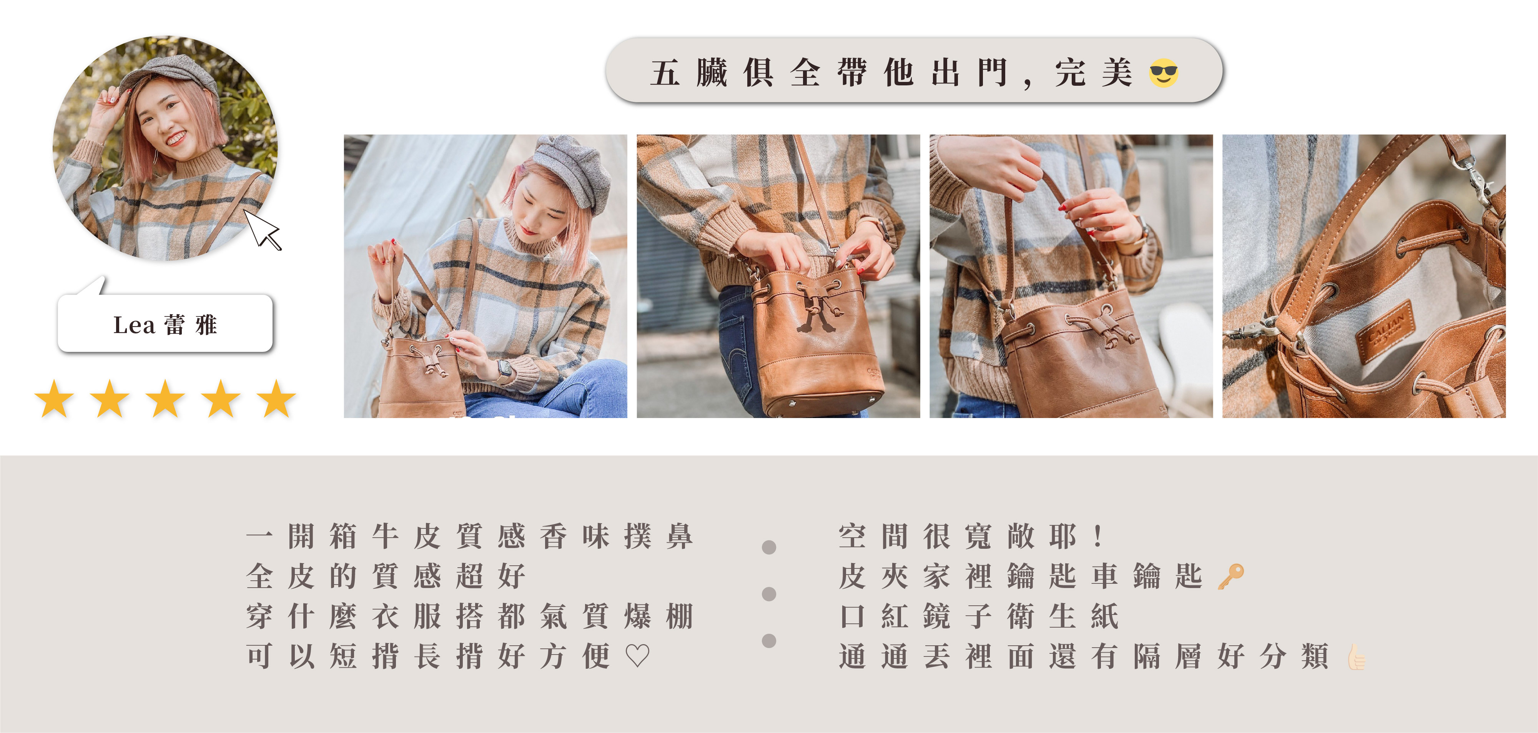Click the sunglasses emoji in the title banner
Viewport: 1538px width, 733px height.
point(1163,73)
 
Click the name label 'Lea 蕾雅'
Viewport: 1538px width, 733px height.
point(165,324)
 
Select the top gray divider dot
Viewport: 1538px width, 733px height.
point(769,547)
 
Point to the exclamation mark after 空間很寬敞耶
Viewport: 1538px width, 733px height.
point(1098,536)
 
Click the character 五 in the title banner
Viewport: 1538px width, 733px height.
point(665,73)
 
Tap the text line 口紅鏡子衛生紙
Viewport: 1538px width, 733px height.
point(979,616)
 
